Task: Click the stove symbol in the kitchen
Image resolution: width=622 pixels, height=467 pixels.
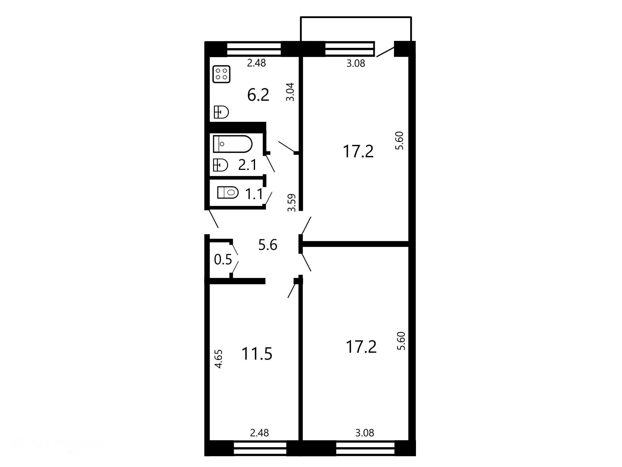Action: click(221, 74)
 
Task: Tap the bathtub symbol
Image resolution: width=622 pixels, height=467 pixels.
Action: click(232, 144)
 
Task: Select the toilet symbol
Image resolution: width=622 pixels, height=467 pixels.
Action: click(228, 192)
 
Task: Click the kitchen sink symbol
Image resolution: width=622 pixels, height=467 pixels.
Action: click(221, 112)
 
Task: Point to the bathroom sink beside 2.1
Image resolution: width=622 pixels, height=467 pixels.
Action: click(220, 165)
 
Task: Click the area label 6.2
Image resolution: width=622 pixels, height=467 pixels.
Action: click(258, 95)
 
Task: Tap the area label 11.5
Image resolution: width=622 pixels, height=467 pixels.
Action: click(257, 354)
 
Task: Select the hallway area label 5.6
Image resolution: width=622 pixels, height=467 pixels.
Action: click(268, 245)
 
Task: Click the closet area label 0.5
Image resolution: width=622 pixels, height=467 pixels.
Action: click(223, 259)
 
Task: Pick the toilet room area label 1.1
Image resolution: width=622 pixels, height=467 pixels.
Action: click(254, 194)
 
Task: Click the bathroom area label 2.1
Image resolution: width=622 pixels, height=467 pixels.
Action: click(248, 165)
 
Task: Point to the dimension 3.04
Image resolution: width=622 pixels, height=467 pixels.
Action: click(290, 92)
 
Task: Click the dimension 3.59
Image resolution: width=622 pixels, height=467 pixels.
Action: click(292, 203)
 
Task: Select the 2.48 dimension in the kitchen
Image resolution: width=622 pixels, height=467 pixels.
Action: click(256, 63)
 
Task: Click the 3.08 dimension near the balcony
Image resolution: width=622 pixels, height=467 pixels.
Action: click(356, 63)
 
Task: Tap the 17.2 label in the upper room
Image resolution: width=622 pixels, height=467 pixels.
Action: click(358, 151)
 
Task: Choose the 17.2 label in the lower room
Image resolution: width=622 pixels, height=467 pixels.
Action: click(361, 347)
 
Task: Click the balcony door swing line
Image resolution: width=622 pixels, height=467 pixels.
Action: click(385, 51)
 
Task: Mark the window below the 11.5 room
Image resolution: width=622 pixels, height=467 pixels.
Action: click(260, 448)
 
